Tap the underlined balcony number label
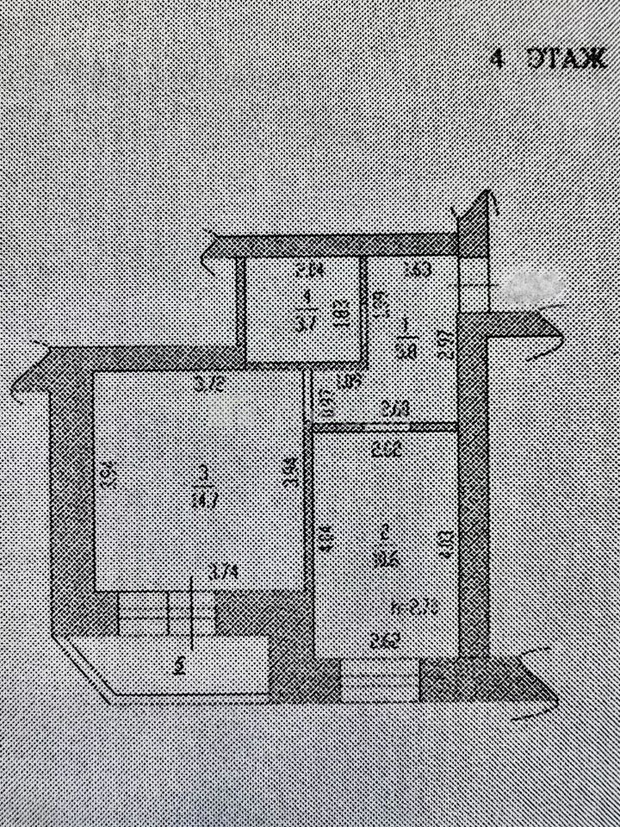(x=178, y=665)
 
